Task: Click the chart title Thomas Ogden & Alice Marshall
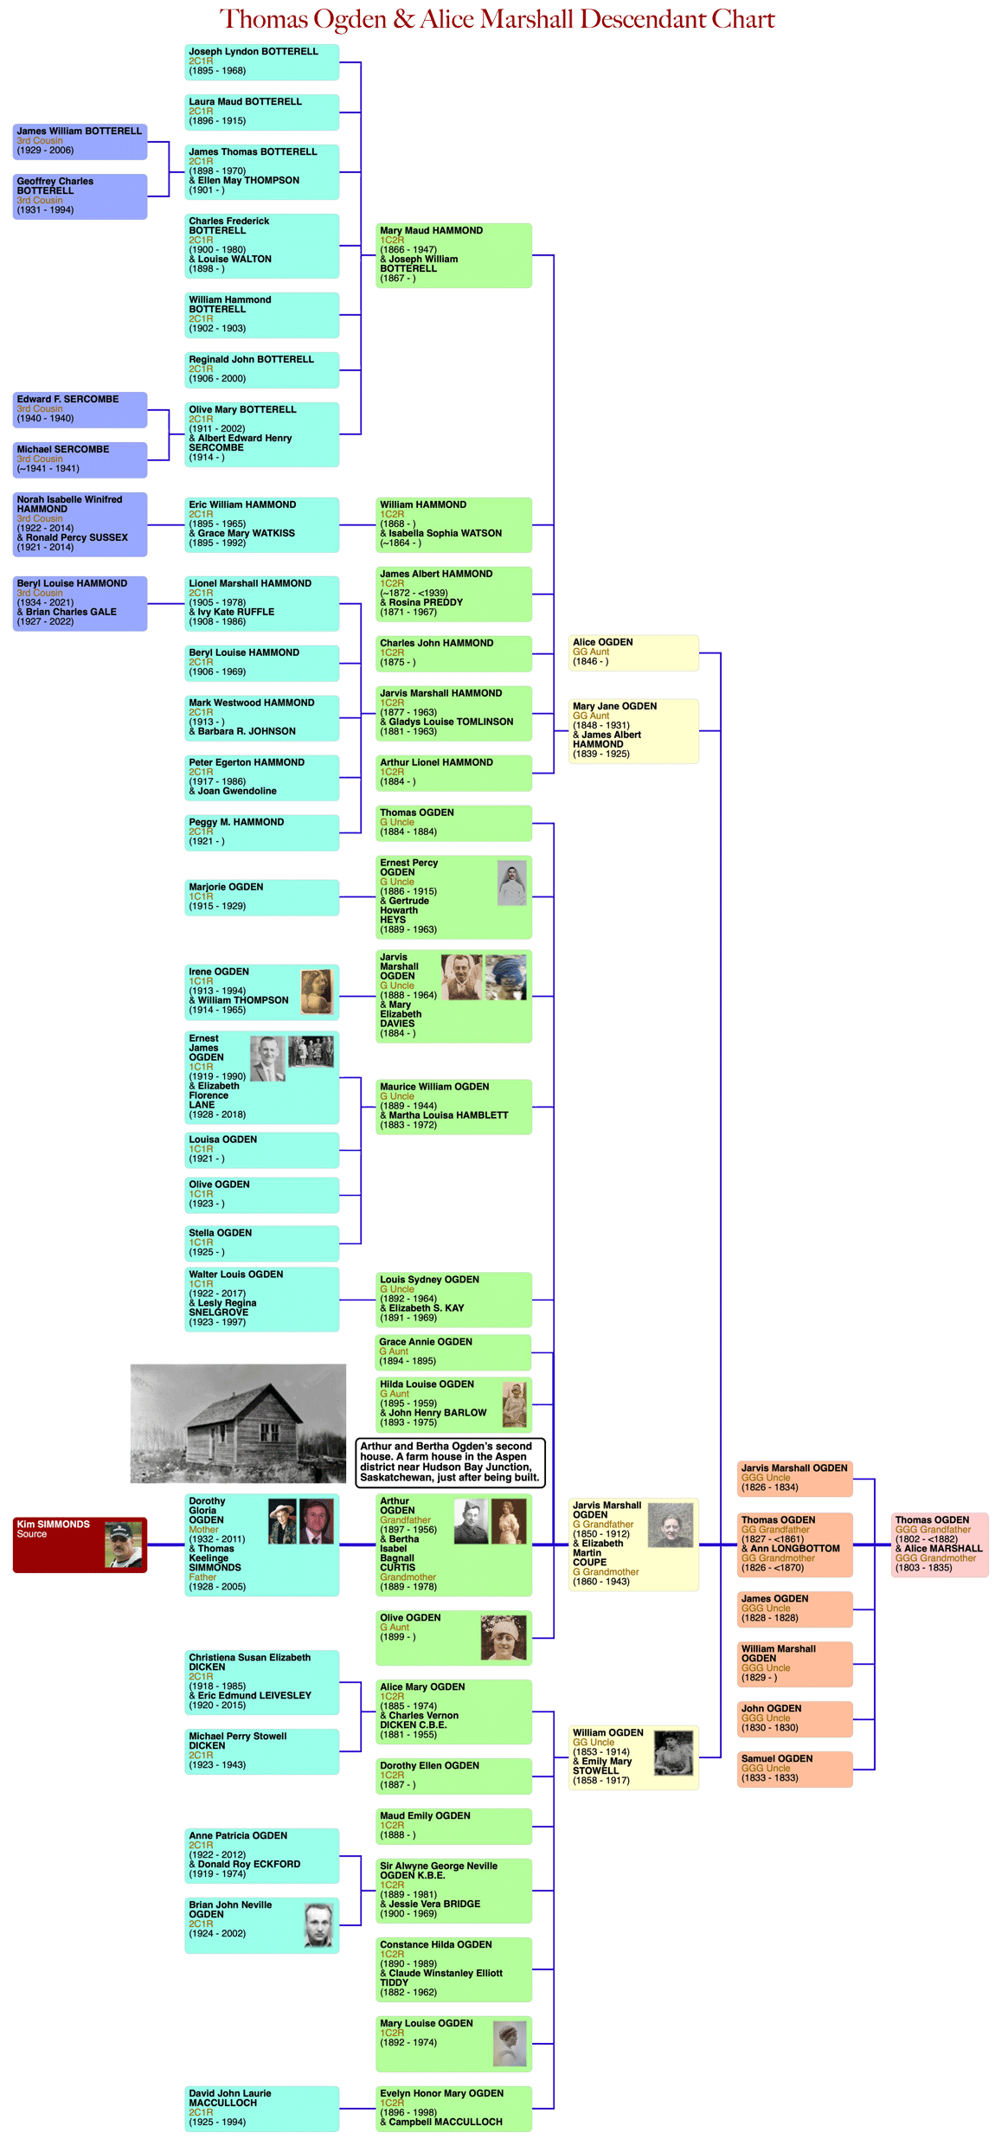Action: click(497, 19)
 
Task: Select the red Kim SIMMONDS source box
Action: click(80, 1545)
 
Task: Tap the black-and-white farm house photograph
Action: click(238, 1423)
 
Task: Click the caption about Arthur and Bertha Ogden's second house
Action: click(450, 1462)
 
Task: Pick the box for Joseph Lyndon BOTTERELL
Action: click(261, 61)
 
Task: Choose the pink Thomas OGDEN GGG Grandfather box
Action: click(940, 1545)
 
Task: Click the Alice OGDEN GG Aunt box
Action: click(633, 652)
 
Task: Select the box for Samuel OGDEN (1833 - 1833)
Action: click(794, 1769)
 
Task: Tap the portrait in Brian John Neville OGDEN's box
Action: click(318, 1925)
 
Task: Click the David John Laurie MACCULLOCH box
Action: click(261, 2108)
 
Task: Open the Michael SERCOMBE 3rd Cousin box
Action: click(80, 459)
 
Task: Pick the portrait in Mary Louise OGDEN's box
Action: click(510, 2044)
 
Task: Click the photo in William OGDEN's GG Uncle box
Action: click(673, 1754)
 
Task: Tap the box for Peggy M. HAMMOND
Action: click(261, 832)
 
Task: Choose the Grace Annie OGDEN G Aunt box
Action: click(453, 1352)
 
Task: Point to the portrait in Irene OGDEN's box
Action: click(316, 991)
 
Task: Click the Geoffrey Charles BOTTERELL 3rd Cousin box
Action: click(80, 196)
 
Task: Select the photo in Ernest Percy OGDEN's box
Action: click(512, 883)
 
